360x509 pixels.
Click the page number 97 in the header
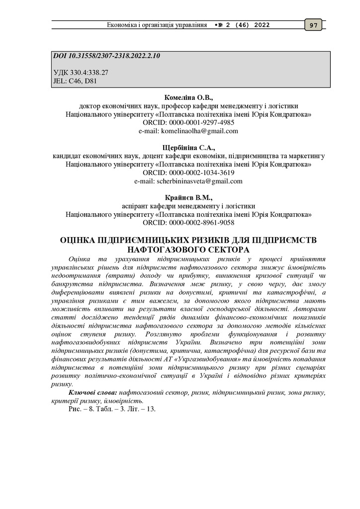click(x=314, y=25)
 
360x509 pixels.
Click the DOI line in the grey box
click(x=106, y=56)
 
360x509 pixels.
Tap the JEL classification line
click(x=72, y=80)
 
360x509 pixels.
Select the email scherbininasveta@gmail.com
click(x=199, y=181)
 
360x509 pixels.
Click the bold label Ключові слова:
click(x=93, y=393)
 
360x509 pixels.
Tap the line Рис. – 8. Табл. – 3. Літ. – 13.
click(x=112, y=410)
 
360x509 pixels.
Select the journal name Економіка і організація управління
click(x=157, y=25)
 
